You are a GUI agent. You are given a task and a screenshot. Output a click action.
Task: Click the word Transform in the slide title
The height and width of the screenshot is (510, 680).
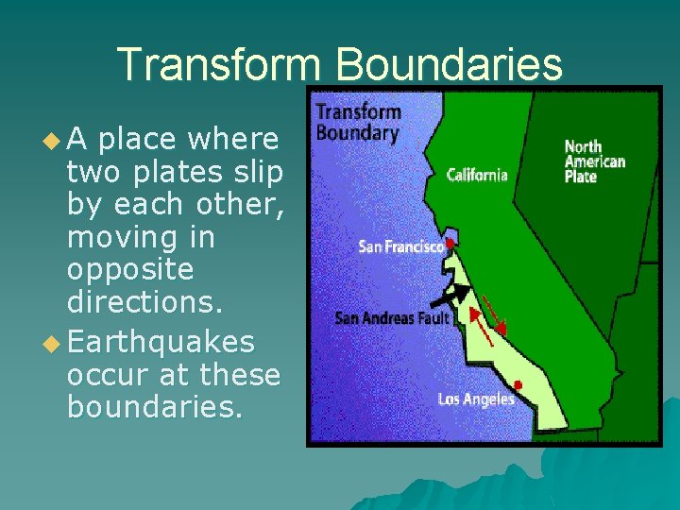218,64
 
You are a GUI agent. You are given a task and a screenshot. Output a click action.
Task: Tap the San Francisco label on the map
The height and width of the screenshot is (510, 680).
400,246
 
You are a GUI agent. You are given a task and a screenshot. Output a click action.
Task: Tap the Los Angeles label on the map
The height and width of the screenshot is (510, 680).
476,399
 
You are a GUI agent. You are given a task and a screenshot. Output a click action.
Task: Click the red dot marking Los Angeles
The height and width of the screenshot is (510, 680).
518,384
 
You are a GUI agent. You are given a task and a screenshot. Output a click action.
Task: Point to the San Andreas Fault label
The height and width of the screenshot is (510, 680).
392,317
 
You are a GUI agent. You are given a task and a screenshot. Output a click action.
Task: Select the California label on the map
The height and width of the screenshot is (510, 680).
477,175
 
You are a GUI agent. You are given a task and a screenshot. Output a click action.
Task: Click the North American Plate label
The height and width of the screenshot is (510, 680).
594,161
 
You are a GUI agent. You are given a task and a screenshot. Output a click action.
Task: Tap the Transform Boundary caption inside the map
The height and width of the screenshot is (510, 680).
358,122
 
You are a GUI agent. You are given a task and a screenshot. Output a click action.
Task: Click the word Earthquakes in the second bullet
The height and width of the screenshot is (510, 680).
161,341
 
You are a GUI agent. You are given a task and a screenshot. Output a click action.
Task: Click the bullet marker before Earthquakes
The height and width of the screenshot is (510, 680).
53,342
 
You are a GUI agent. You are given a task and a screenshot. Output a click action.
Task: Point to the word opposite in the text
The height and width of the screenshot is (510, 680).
130,270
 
